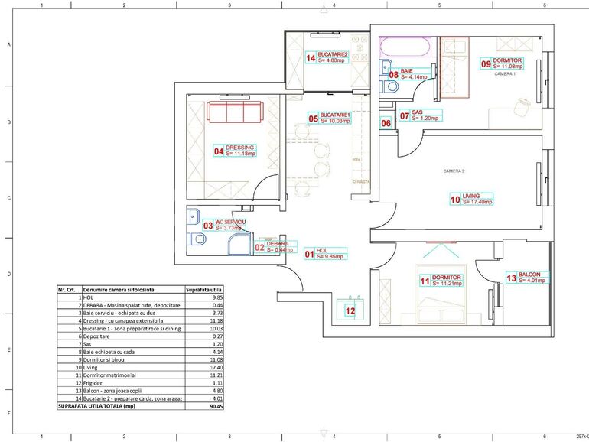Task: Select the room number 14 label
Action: click(x=311, y=57)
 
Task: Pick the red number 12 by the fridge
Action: click(x=350, y=310)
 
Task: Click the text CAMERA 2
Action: click(x=454, y=171)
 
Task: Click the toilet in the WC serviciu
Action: click(x=198, y=240)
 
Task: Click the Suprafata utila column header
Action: click(x=204, y=291)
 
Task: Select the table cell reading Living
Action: click(x=91, y=368)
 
